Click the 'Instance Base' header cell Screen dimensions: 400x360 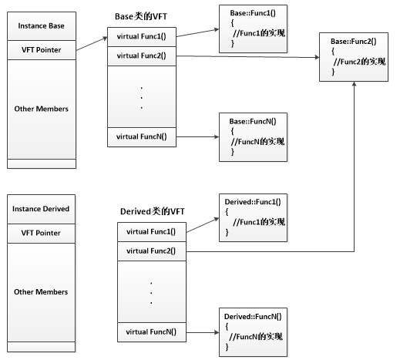click(42, 26)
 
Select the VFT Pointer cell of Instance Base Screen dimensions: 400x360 click(42, 50)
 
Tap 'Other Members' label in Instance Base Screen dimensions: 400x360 click(42, 109)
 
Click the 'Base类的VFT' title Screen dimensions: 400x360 click(141, 16)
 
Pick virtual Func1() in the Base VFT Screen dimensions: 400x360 click(142, 37)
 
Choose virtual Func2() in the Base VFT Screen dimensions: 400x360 click(142, 56)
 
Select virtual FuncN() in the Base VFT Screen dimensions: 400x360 click(142, 137)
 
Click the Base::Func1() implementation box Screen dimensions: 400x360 click(253, 29)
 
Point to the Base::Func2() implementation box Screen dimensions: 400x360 click(354, 57)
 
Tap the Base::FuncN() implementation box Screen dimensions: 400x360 click(253, 137)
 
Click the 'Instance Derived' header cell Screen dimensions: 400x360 click(41, 209)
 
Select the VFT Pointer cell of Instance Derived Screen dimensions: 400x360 click(41, 234)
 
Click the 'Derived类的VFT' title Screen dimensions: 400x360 click(153, 211)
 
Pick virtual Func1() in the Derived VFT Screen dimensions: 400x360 click(152, 232)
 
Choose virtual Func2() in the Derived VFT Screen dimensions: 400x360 click(152, 251)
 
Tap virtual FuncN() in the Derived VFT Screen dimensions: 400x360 click(152, 332)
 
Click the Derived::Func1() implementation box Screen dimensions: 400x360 click(253, 218)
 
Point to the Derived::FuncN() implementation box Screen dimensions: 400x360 click(253, 332)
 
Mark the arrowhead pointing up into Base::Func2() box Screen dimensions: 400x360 click(355, 84)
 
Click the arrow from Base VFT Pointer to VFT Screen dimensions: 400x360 click(92, 44)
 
